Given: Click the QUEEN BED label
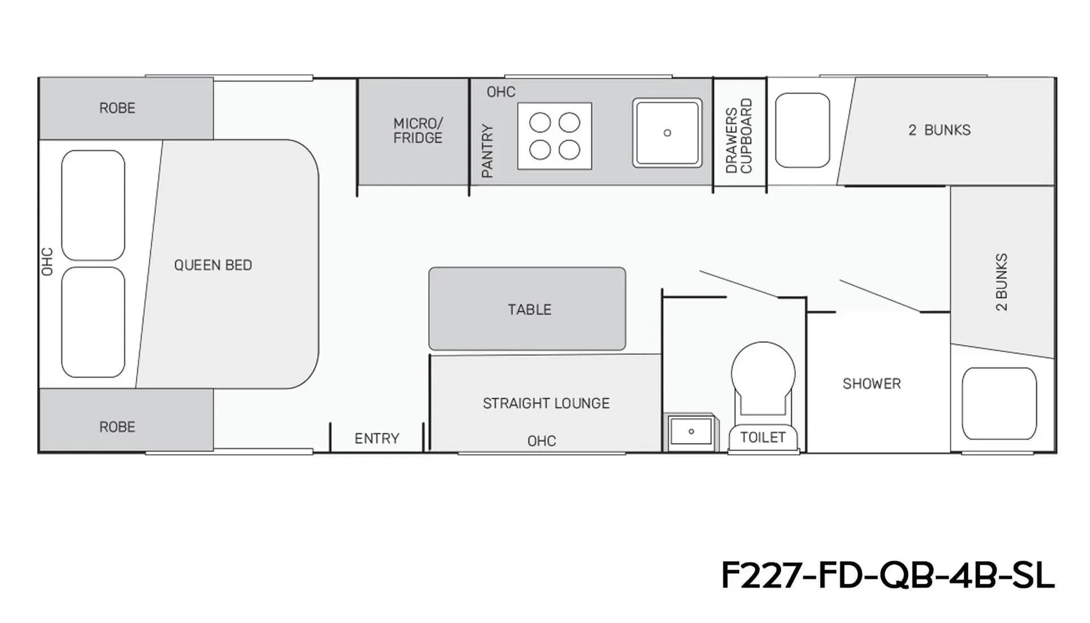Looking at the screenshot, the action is (213, 265).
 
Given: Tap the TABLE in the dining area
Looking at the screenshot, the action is (527, 309).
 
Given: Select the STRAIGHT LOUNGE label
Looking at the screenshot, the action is (546, 403).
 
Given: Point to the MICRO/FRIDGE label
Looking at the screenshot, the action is (418, 131).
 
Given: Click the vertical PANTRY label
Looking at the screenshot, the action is (487, 151).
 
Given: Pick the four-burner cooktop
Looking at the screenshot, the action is (555, 136).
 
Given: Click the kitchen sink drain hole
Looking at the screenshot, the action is (668, 133).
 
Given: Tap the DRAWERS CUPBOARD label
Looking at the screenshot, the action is (739, 136).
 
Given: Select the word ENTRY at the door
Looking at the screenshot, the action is (377, 438).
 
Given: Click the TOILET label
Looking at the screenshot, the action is (763, 437).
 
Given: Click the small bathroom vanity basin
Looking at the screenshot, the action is (691, 432).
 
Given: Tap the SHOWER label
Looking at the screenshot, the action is (871, 384).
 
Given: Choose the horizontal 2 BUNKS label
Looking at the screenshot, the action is (940, 130).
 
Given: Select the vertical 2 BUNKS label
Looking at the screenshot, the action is (1001, 282).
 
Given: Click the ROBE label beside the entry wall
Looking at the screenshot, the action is (118, 427).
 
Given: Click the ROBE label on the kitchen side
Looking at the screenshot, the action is (118, 108).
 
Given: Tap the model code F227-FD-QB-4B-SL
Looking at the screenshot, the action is (888, 575).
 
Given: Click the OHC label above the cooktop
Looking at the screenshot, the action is (501, 92).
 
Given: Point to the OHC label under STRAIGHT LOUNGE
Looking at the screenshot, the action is (542, 441).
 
